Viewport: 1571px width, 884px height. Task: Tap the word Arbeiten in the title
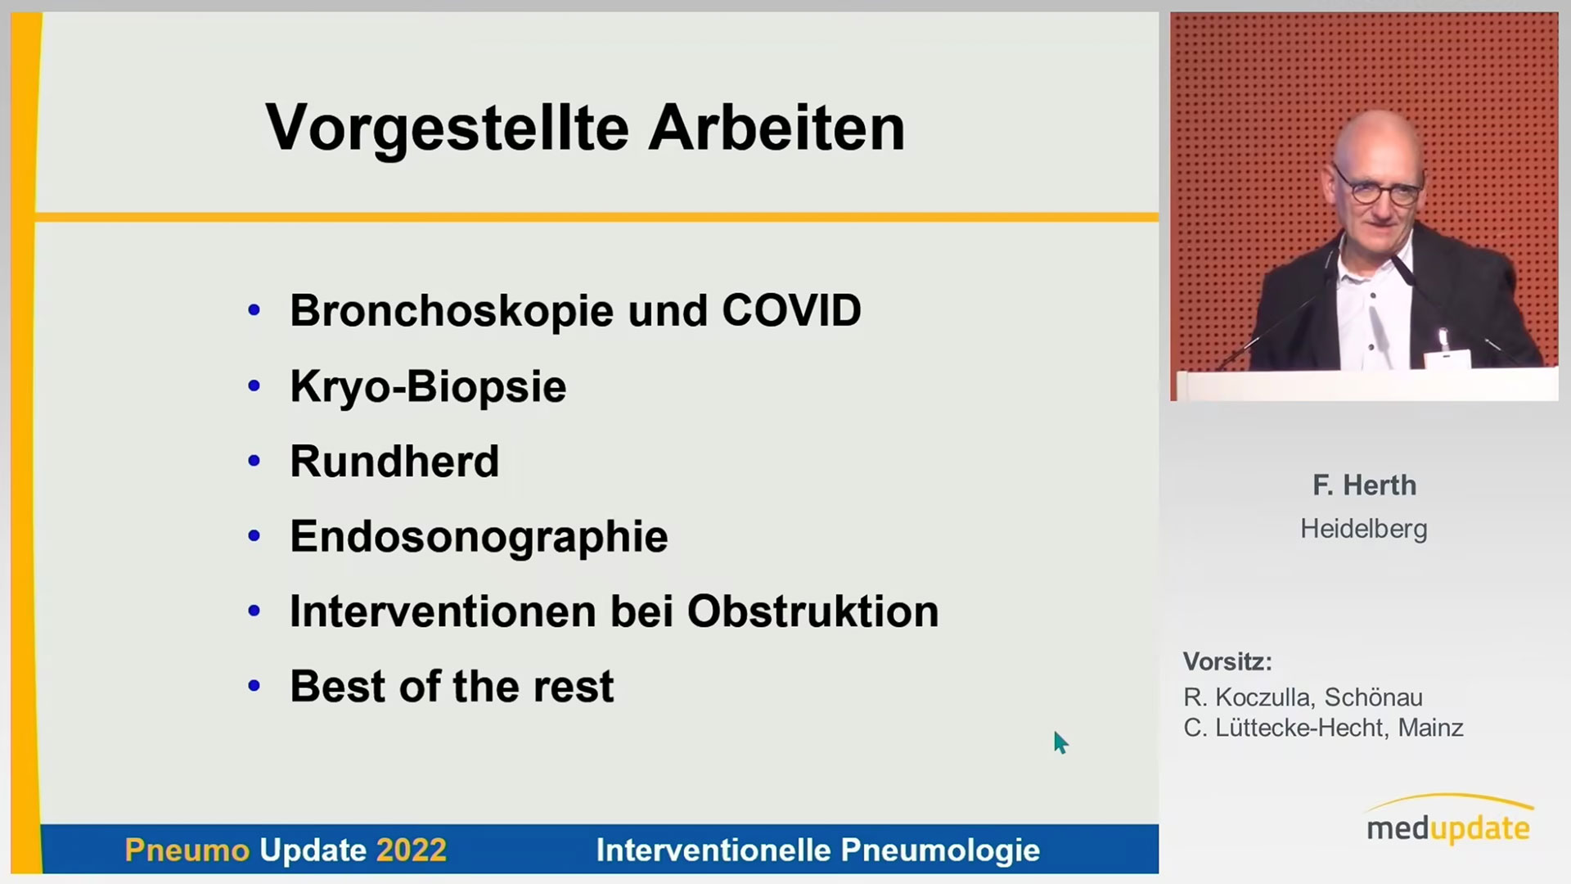pos(776,128)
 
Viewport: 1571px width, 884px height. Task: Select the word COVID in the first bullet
pos(791,311)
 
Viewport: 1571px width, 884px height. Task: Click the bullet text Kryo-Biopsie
pos(428,386)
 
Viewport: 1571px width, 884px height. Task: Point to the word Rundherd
pos(394,462)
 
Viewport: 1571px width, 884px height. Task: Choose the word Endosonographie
pos(479,538)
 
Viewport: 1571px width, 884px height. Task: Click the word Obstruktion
pos(813,611)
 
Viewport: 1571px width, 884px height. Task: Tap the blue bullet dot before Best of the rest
pos(254,686)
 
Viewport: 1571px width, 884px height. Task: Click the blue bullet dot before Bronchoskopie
pos(254,310)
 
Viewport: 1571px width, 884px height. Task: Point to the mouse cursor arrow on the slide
pos(1060,742)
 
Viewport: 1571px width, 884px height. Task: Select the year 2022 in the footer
pos(412,850)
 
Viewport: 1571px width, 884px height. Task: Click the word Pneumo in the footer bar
pos(187,850)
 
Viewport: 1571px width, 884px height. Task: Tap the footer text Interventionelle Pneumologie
pos(818,850)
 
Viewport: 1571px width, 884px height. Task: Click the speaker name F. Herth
pos(1364,485)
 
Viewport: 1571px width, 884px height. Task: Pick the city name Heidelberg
pos(1364,529)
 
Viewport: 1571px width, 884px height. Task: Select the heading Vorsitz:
pos(1227,661)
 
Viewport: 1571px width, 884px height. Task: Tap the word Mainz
pos(1431,728)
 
